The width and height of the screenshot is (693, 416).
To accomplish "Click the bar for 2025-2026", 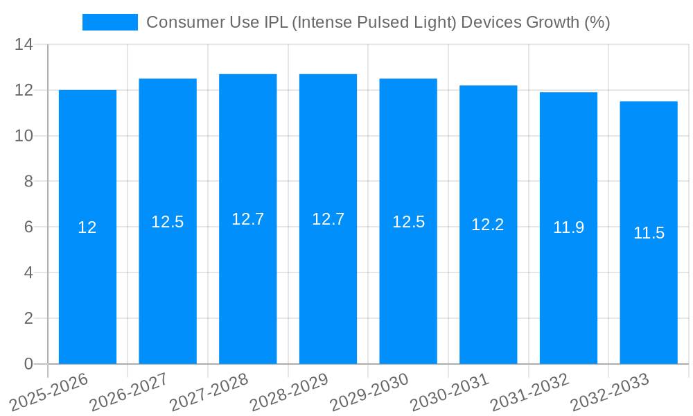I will (x=87, y=277).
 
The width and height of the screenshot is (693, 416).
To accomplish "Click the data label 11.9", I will (x=568, y=227).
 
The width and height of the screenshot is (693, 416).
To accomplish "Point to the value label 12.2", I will (x=488, y=225).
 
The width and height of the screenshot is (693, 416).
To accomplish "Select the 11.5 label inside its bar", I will (x=649, y=233).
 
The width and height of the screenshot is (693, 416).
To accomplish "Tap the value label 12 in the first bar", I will (x=87, y=227).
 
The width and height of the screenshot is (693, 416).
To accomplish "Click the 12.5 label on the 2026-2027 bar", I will (x=168, y=222).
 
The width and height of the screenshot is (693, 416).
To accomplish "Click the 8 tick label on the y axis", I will (x=28, y=182).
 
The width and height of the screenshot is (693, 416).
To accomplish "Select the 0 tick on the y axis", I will (x=28, y=364).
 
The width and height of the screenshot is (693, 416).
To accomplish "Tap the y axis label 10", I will (x=24, y=136).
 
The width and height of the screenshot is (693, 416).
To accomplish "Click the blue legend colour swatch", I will (x=110, y=22).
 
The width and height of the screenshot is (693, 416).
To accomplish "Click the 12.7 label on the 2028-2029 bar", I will (x=328, y=219).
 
